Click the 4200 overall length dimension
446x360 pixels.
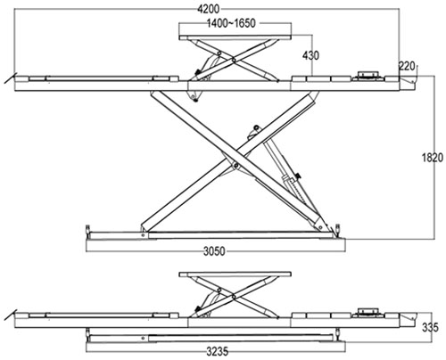(x=209, y=9)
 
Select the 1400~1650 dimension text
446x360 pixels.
(x=231, y=23)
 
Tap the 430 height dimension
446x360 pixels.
(x=310, y=55)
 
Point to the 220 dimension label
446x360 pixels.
(x=407, y=66)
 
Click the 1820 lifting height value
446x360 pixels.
(x=433, y=158)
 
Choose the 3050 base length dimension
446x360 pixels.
(x=214, y=251)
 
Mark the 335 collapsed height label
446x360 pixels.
(x=430, y=327)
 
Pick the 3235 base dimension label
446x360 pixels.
(x=218, y=352)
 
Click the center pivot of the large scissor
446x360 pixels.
(x=235, y=165)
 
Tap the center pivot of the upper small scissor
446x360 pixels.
(x=234, y=61)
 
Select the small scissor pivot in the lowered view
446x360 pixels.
(x=234, y=297)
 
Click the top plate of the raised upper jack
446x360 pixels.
(x=235, y=37)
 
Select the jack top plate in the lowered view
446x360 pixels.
(x=235, y=274)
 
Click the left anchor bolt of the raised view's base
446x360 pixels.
(x=87, y=231)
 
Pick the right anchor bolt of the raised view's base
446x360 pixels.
(x=338, y=230)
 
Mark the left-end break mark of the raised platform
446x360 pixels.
(x=10, y=79)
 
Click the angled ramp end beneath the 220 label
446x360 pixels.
(x=409, y=83)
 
